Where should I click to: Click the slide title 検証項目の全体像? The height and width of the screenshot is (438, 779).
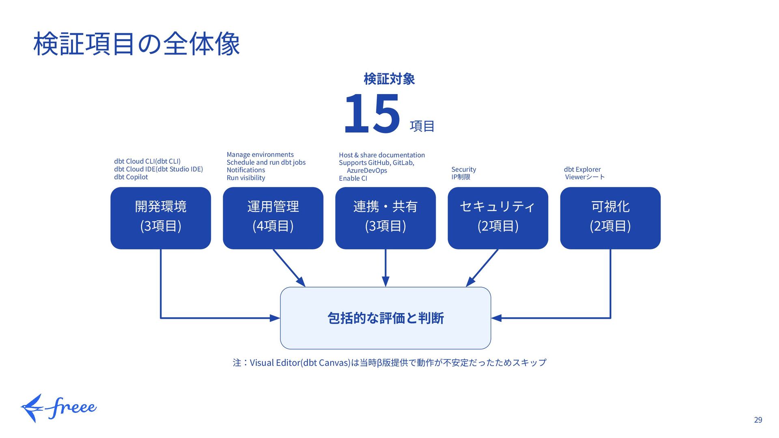(x=137, y=44)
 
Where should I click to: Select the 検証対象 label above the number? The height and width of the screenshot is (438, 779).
(x=389, y=79)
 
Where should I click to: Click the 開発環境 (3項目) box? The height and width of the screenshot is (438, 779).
(x=161, y=218)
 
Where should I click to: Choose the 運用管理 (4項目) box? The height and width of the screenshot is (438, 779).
(x=273, y=218)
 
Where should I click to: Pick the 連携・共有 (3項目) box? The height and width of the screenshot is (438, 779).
(x=385, y=218)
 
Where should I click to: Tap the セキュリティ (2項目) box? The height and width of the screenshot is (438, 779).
(x=498, y=218)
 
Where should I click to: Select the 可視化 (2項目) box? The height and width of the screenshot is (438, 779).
(x=610, y=218)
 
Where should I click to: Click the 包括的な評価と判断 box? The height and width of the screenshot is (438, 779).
(x=385, y=318)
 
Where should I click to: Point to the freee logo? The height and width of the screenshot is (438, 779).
(x=59, y=408)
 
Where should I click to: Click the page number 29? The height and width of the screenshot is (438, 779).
(x=758, y=420)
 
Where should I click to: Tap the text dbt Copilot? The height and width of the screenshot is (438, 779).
(x=131, y=177)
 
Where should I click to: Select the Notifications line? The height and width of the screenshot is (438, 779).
(x=246, y=170)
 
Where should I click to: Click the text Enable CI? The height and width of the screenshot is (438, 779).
(x=353, y=178)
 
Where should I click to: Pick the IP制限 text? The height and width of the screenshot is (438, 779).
(x=461, y=177)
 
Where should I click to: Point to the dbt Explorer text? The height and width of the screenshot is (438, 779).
(x=582, y=169)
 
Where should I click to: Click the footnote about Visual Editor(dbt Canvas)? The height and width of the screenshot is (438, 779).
(x=389, y=362)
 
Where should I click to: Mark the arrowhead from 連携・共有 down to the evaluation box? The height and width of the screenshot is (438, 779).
(x=385, y=281)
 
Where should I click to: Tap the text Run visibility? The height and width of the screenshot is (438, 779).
(x=246, y=178)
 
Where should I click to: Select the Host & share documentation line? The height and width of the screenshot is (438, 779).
(x=382, y=155)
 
